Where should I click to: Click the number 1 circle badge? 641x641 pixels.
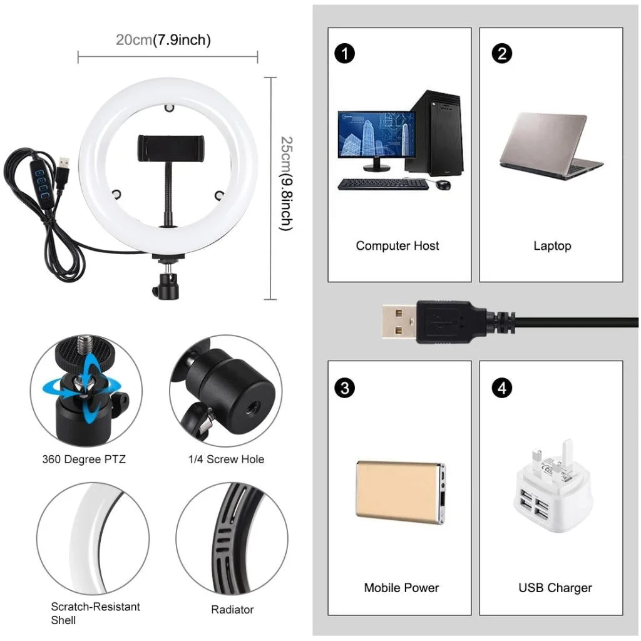tap(345, 54)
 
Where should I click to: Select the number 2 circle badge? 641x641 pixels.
tap(501, 54)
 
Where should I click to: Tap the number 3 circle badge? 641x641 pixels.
tap(345, 388)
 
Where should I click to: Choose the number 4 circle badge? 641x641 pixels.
tap(501, 388)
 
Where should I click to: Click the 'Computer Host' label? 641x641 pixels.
tap(397, 246)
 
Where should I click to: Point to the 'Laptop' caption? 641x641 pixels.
tap(552, 246)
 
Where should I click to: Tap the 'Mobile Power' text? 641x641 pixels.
tap(401, 588)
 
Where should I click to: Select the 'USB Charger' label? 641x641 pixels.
tap(555, 588)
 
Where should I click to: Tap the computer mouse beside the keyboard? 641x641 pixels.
tap(443, 185)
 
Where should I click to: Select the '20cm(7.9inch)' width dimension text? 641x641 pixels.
tap(163, 40)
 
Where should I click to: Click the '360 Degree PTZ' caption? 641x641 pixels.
tap(84, 459)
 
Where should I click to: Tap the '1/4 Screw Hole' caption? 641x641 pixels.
tap(226, 459)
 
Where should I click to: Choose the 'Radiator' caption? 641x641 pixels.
tap(232, 609)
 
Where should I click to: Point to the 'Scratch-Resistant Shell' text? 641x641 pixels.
tap(95, 613)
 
